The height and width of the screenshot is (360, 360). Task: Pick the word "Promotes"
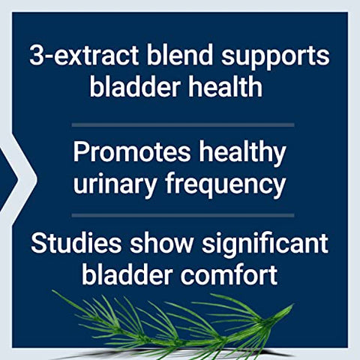[127, 152]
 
